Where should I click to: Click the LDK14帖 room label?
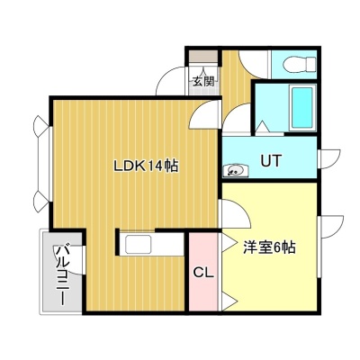click(x=146, y=166)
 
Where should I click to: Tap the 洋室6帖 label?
click(x=269, y=247)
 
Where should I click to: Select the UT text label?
click(x=271, y=160)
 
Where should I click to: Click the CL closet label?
click(x=203, y=273)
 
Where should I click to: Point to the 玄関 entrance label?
click(x=203, y=81)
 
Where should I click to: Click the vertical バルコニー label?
click(x=63, y=275)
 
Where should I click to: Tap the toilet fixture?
click(x=300, y=65)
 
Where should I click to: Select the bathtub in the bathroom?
click(x=302, y=107)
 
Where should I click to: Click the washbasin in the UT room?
click(x=236, y=170)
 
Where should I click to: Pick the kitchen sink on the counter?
click(x=139, y=245)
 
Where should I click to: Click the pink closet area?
click(x=203, y=271)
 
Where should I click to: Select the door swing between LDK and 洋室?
click(x=236, y=213)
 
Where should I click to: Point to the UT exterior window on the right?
click(x=328, y=159)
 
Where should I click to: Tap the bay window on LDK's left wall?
click(x=43, y=164)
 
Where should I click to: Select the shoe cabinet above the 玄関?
click(x=202, y=57)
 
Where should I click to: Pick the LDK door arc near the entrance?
click(x=204, y=115)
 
